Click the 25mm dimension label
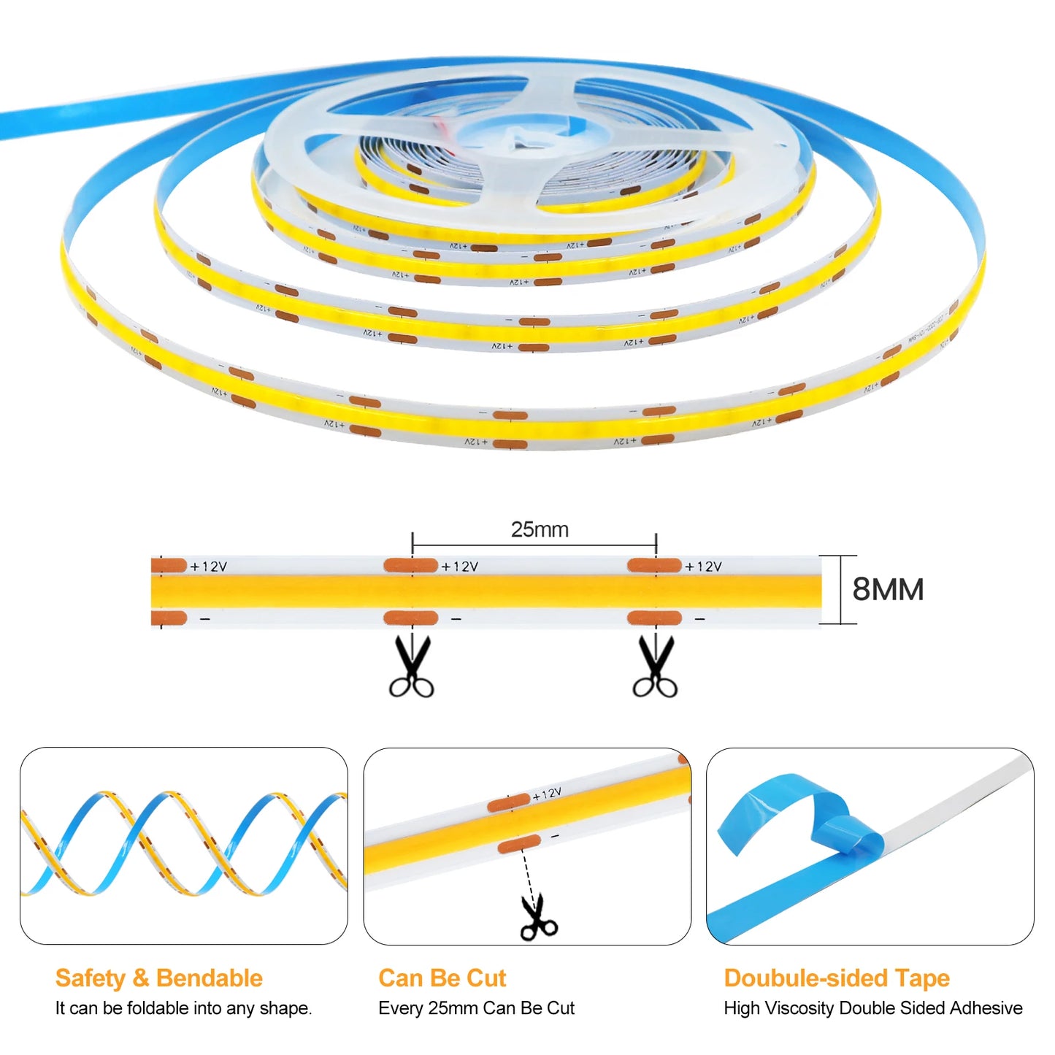click(540, 529)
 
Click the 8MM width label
click(888, 589)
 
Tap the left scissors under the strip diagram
click(411, 667)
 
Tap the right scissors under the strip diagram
click(655, 667)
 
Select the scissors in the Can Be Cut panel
click(539, 918)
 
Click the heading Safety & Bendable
click(158, 978)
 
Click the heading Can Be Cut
click(442, 978)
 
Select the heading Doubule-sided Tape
click(837, 978)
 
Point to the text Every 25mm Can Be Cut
click(476, 1008)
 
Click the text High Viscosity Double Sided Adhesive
click(872, 1008)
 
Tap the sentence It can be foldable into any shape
click(183, 1008)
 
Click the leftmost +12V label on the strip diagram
click(209, 567)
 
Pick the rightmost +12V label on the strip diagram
click(703, 567)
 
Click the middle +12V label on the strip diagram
click(460, 567)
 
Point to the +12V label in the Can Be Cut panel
click(548, 794)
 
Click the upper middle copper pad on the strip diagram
click(410, 565)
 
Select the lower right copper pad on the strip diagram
click(654, 619)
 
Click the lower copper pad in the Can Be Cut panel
click(519, 845)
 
